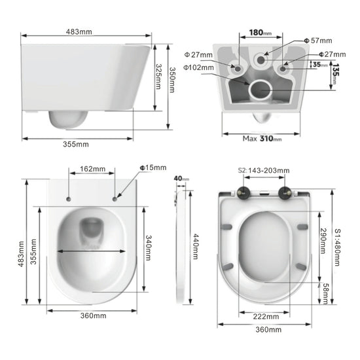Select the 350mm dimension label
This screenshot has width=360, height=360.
pyautogui.click(x=171, y=80)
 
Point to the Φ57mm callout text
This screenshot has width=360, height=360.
pyautogui.click(x=320, y=41)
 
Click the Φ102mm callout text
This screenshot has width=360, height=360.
pyautogui.click(x=198, y=67)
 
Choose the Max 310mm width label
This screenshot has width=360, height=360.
pyautogui.click(x=262, y=138)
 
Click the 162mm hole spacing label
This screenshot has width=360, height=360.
pyautogui.click(x=92, y=169)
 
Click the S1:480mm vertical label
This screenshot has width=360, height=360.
pyautogui.click(x=337, y=246)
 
